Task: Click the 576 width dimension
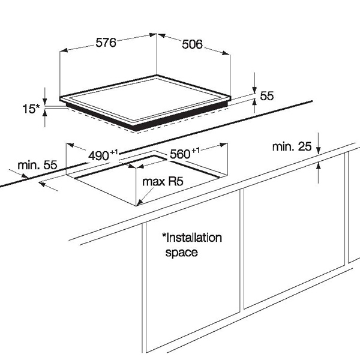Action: click(106, 43)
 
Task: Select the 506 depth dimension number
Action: click(193, 44)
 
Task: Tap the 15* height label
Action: click(31, 109)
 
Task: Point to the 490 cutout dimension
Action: click(98, 156)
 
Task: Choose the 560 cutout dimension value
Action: click(180, 154)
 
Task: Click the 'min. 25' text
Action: click(292, 146)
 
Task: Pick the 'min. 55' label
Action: click(37, 165)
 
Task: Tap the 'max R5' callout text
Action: click(163, 181)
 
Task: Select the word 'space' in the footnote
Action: click(181, 253)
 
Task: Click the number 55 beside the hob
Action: click(267, 96)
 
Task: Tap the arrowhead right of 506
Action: click(226, 53)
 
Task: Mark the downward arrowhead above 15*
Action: click(45, 101)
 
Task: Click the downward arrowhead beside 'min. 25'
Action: click(318, 150)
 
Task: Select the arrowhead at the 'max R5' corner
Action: click(140, 202)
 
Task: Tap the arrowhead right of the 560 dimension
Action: click(223, 145)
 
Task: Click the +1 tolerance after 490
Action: click(114, 152)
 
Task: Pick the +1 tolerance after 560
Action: click(196, 150)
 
